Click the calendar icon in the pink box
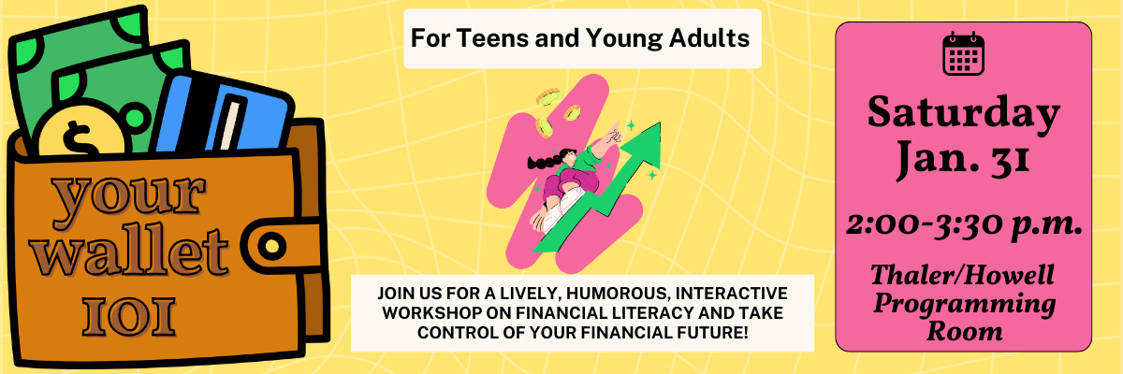coord(963,53)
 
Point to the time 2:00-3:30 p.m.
coord(964,224)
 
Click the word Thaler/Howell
coord(962,275)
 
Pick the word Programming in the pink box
coord(964,304)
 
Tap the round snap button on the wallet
coord(271,246)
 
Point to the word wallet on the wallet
coord(129,252)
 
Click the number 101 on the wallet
coord(129,317)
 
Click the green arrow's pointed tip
coord(660,123)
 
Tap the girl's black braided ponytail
coord(544,162)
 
